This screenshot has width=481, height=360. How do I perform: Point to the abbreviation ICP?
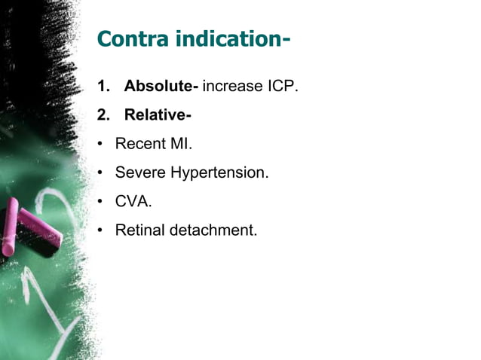click(281, 87)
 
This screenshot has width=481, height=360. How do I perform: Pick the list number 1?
click(102, 87)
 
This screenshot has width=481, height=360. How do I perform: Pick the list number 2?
click(102, 115)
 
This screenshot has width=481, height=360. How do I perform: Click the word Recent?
click(138, 144)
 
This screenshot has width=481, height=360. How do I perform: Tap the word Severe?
click(140, 172)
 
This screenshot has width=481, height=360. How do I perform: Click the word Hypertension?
click(219, 173)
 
